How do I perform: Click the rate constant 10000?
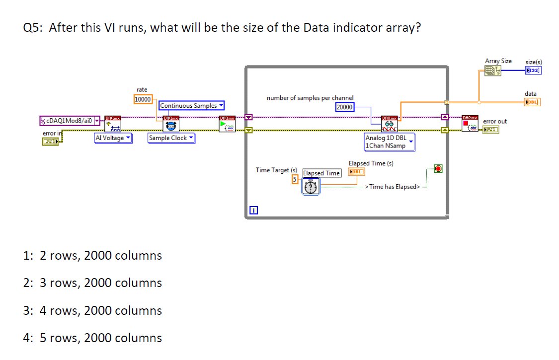pyautogui.click(x=143, y=99)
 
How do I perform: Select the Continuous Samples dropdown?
pyautogui.click(x=191, y=105)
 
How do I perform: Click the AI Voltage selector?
pyautogui.click(x=113, y=138)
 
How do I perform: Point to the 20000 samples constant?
pyautogui.click(x=344, y=107)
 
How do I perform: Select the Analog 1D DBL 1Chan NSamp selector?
pyautogui.click(x=389, y=142)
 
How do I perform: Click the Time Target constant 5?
pyautogui.click(x=295, y=179)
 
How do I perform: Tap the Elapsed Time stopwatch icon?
pyautogui.click(x=311, y=187)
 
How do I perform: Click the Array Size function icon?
pyautogui.click(x=493, y=71)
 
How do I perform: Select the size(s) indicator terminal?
pyautogui.click(x=533, y=70)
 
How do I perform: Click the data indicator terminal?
pyautogui.click(x=532, y=102)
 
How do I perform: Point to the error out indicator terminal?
pyautogui.click(x=491, y=130)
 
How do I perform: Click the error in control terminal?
pyautogui.click(x=50, y=142)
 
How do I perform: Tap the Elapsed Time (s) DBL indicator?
pyautogui.click(x=356, y=171)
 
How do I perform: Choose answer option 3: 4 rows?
pyautogui.click(x=92, y=311)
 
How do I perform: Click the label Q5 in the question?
pyautogui.click(x=33, y=28)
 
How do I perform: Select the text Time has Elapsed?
pyautogui.click(x=393, y=187)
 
